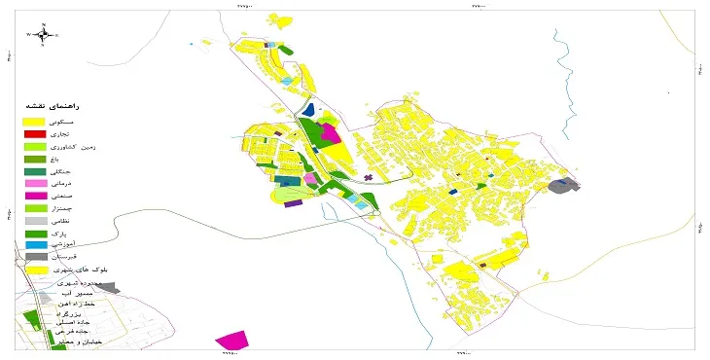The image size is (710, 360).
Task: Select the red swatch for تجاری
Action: pos(34,133)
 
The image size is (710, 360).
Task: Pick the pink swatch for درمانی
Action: pos(34,183)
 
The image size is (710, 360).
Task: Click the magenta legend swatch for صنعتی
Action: pos(34,196)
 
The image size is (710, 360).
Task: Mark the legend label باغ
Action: pos(81,159)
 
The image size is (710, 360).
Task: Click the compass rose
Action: pos(44,35)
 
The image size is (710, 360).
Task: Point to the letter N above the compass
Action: pos(45,22)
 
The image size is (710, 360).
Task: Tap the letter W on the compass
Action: pos(29,35)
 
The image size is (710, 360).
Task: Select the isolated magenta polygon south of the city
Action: pos(231,341)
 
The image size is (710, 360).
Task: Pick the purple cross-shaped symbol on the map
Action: pos(368,177)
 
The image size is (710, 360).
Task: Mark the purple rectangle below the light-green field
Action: pos(293,204)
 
